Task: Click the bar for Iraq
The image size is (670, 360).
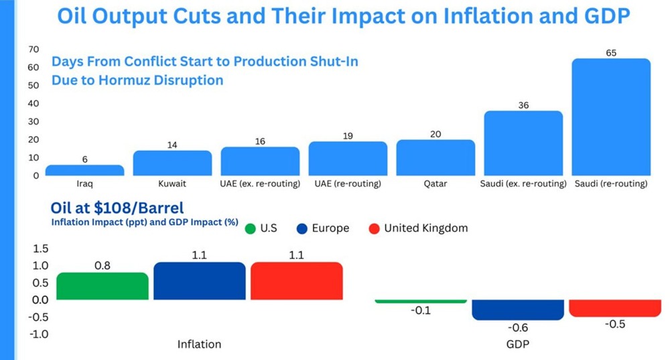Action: pos(84,170)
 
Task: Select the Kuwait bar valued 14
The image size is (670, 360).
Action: pos(172,163)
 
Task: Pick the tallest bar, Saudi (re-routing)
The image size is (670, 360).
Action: pos(610,117)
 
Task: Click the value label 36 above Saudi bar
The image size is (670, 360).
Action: pos(523,105)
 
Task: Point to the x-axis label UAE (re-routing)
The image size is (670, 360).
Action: pos(348,184)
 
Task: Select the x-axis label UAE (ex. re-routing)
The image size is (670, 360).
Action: pos(260,184)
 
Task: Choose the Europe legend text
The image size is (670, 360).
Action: pos(330,229)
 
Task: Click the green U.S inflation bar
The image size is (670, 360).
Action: pos(103,286)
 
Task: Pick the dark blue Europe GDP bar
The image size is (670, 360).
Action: pos(518,310)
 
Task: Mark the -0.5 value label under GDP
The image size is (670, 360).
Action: pos(615,324)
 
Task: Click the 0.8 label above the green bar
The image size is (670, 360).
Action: pos(103,265)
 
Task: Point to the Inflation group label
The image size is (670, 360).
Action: pos(199,345)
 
